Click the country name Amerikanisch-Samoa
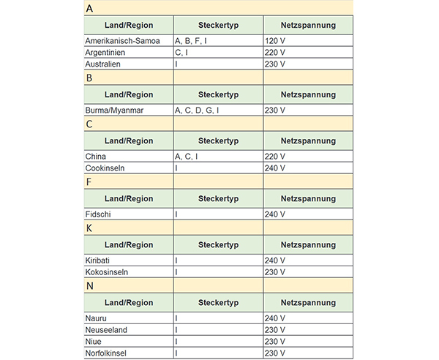click(x=122, y=41)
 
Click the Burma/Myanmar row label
click(x=115, y=110)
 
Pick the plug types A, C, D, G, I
click(x=197, y=110)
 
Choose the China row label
click(x=96, y=157)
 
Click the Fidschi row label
click(x=100, y=214)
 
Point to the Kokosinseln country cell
click(x=108, y=272)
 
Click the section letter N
click(x=89, y=285)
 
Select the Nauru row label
click(x=97, y=318)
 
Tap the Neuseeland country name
click(x=106, y=330)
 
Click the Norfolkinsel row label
click(x=109, y=353)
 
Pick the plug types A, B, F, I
click(x=191, y=41)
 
